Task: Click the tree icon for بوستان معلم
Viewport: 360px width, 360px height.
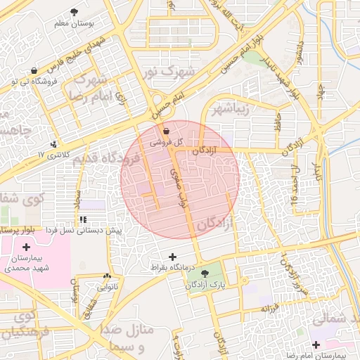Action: pyautogui.click(x=75, y=12)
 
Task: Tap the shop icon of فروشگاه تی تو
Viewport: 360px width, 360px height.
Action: pyautogui.click(x=34, y=70)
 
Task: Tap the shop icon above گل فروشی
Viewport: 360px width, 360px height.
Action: pyautogui.click(x=166, y=131)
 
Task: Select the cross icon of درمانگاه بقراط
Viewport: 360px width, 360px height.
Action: pyautogui.click(x=173, y=257)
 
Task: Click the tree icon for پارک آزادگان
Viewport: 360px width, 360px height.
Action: pyautogui.click(x=205, y=274)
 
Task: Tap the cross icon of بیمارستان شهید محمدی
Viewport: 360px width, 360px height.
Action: pyautogui.click(x=27, y=247)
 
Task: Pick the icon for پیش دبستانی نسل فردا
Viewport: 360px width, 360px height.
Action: pyautogui.click(x=84, y=220)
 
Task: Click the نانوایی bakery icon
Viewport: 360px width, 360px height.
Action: pyautogui.click(x=107, y=277)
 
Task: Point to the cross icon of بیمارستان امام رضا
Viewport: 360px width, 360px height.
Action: pyautogui.click(x=316, y=345)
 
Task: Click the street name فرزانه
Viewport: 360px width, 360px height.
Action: pyautogui.click(x=270, y=308)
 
